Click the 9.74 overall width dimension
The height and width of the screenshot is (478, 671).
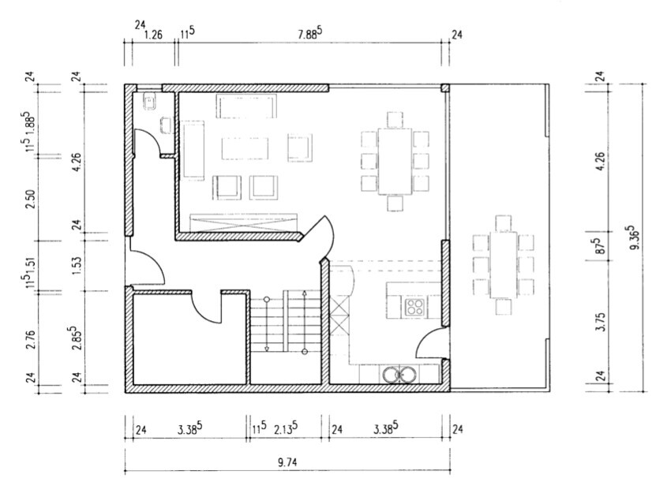tap(287, 461)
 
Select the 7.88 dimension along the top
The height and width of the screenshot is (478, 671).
tap(309, 34)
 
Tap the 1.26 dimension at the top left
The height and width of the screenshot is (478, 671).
tap(153, 34)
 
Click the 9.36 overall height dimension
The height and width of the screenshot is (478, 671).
tap(634, 238)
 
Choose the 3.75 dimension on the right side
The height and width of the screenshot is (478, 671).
tap(601, 322)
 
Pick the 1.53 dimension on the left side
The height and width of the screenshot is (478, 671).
tap(77, 265)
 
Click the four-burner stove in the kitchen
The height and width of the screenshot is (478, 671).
tap(414, 307)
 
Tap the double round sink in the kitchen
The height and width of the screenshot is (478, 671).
tap(399, 375)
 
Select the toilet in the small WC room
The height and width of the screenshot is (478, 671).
tap(149, 102)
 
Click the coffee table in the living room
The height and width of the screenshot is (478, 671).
tap(245, 148)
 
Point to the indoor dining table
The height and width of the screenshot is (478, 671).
tap(395, 161)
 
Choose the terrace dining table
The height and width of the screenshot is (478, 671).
tap(504, 265)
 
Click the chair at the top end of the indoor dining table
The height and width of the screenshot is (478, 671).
tap(395, 120)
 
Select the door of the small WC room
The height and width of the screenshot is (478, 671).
tap(147, 141)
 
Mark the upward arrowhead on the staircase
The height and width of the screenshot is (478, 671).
tap(304, 293)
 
